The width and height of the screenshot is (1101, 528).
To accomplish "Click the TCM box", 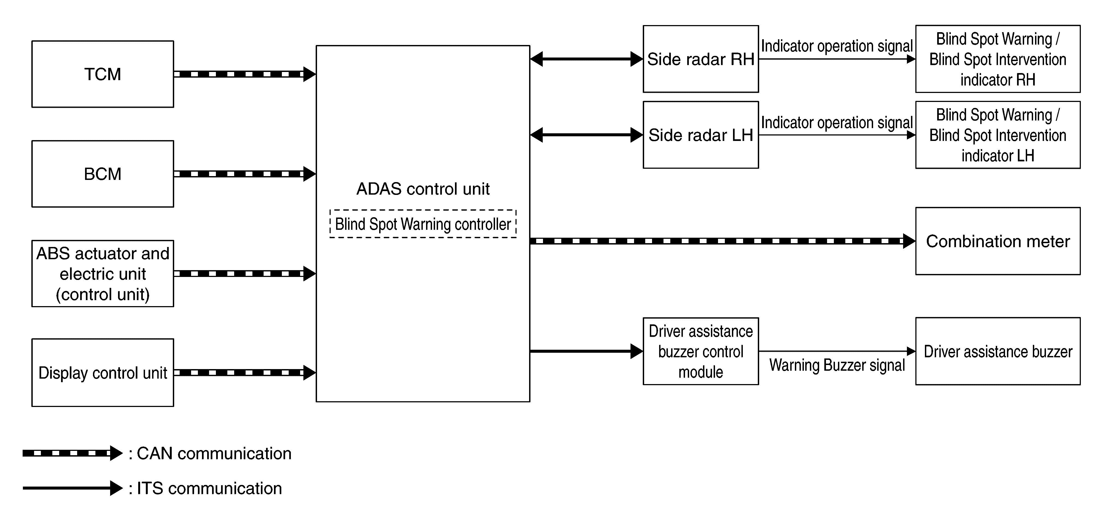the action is pos(102,74).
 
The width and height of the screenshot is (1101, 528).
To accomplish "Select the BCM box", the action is pos(102,174).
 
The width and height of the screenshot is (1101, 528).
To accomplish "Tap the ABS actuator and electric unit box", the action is pos(102,274).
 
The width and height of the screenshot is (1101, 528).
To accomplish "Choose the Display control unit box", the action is pos(102,372).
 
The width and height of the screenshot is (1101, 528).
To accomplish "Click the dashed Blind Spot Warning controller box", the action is pos(423,224).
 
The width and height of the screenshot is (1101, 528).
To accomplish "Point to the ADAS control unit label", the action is pos(423,189).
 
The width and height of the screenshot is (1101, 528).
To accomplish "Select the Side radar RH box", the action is pos(701,59).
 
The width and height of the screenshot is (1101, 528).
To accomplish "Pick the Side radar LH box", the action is pos(701,135).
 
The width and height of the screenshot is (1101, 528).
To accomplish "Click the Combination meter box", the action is pos(998,241).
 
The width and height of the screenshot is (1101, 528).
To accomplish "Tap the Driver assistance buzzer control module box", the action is pos(701,351).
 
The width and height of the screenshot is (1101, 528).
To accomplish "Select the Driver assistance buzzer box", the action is pos(998,351).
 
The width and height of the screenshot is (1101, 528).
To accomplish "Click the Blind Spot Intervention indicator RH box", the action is pos(998,59).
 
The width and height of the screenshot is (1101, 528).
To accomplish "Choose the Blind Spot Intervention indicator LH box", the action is pos(998,135).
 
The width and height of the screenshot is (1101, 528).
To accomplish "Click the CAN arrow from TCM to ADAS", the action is pos(245,74).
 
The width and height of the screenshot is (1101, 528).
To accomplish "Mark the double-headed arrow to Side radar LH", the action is pos(586,135).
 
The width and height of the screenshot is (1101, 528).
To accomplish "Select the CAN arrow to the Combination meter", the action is pos(723,241).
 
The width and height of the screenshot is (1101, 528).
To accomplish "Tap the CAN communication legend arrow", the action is pos(73,453).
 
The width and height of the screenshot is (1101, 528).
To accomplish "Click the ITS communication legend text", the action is pos(205,488).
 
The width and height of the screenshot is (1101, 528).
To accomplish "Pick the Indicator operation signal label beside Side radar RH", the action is pos(837,46).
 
